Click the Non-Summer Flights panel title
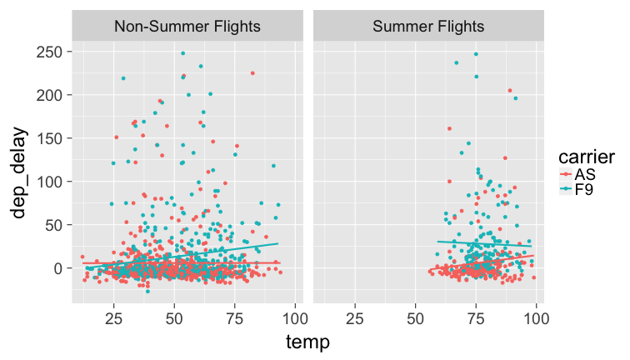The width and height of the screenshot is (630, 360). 187,26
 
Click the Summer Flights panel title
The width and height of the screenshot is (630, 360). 428,26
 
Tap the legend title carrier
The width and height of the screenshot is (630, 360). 587,156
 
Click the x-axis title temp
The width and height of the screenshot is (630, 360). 307,342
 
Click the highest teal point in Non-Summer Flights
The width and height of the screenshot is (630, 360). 182,53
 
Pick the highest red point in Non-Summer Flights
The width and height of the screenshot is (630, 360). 252,73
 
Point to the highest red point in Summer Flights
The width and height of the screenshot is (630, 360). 510,91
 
